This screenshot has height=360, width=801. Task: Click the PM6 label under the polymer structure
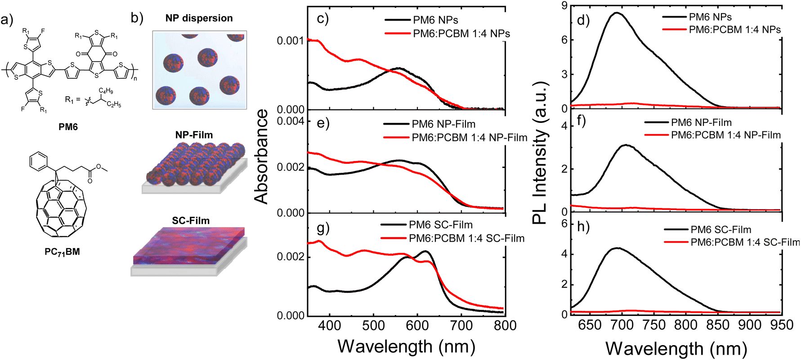pos(68,127)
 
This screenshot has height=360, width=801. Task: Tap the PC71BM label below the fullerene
pos(62,252)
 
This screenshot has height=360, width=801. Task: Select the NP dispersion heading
pos(199,18)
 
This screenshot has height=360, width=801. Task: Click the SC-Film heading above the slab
pos(191,221)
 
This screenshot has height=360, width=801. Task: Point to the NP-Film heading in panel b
pos(194,135)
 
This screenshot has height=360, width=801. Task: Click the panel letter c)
pos(322,19)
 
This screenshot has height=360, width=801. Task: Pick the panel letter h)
pos(583,227)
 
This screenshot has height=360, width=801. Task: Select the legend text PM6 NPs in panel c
pos(436,20)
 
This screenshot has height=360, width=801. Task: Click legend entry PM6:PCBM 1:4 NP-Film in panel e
pos(470,138)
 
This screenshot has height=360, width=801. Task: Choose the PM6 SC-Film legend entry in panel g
pos(441,225)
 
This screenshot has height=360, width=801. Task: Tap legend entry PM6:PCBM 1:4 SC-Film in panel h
pos(745,242)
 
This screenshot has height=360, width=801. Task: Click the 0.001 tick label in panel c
pos(291,41)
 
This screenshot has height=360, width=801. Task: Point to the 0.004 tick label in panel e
pos(291,121)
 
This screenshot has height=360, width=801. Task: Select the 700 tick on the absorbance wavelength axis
pos(461,326)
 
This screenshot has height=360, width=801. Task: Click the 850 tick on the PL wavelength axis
pos(718,325)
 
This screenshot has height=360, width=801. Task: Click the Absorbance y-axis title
pos(261,157)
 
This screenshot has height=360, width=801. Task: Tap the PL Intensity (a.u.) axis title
pos(540,153)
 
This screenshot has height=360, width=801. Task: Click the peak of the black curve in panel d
pos(616,13)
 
